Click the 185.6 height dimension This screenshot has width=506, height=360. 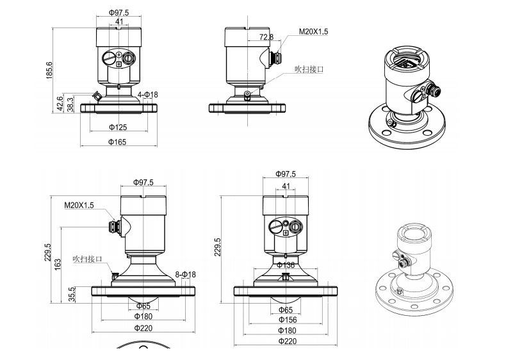click(49, 70)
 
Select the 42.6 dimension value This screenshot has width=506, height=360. click(60, 103)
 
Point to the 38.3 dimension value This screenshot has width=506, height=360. click(70, 104)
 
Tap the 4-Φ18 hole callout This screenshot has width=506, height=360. click(148, 95)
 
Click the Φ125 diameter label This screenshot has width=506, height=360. click(118, 127)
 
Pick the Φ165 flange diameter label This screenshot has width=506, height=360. click(117, 142)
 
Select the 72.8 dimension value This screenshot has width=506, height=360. click(266, 37)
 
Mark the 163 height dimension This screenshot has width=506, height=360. click(58, 265)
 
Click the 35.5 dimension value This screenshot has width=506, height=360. click(72, 295)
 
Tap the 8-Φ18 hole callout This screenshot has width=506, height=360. click(186, 275)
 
